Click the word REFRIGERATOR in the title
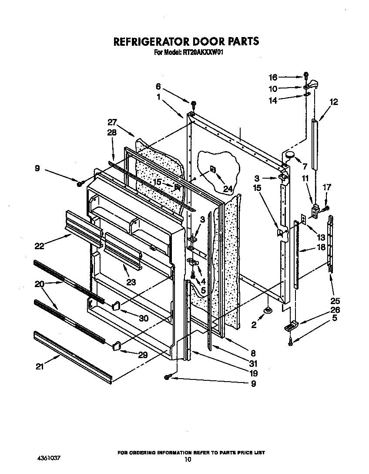[x=150, y=41]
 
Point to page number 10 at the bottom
[x=188, y=459]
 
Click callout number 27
[x=112, y=122]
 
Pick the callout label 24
[x=228, y=189]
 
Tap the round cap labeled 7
[x=288, y=153]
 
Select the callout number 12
[x=334, y=102]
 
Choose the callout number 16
[x=273, y=78]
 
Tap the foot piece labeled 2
[x=268, y=310]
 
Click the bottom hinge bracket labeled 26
[x=291, y=325]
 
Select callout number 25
[x=335, y=301]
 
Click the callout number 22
[x=40, y=246]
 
